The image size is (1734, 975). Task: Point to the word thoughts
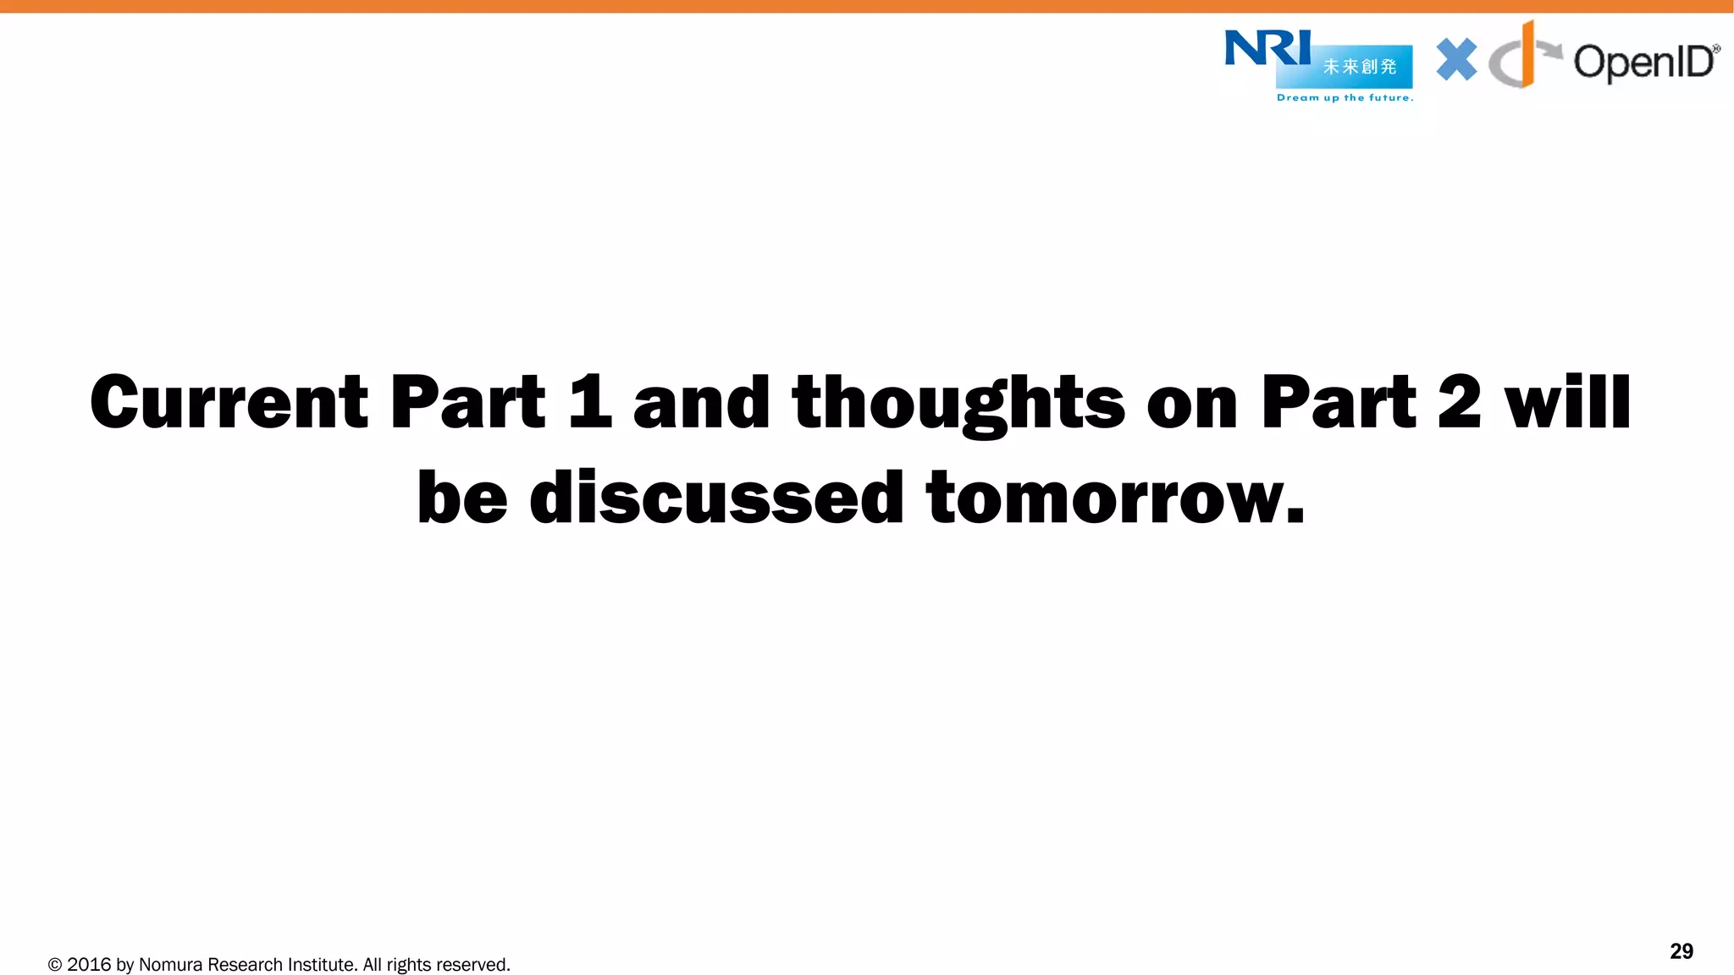pos(958,404)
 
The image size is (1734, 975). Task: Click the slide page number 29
pos(1682,951)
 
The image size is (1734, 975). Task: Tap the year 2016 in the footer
pos(89,965)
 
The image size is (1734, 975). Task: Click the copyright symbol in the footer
pos(55,965)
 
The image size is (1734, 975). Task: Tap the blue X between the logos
pos(1456,60)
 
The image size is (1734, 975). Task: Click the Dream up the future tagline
pos(1345,98)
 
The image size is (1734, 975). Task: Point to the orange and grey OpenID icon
pos(1521,58)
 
